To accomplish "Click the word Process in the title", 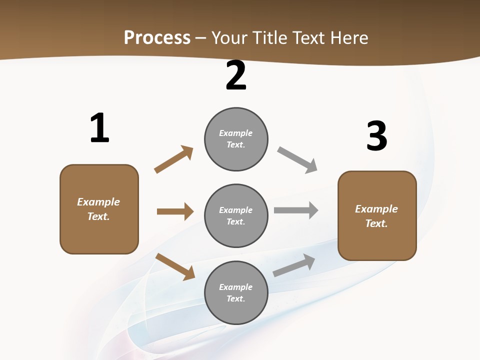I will pyautogui.click(x=157, y=37).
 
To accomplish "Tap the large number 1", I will pyautogui.click(x=99, y=128).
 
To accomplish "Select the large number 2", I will pyautogui.click(x=236, y=76).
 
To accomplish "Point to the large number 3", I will pyautogui.click(x=376, y=136).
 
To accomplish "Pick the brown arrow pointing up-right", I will pyautogui.click(x=173, y=159).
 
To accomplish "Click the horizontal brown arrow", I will pyautogui.click(x=175, y=211).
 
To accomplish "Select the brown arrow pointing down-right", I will pyautogui.click(x=175, y=266).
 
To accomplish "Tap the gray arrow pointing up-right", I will pyautogui.click(x=294, y=265).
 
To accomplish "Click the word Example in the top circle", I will pyautogui.click(x=236, y=133).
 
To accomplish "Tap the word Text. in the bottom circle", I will pyautogui.click(x=236, y=298).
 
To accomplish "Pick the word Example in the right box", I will pyautogui.click(x=376, y=209).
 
